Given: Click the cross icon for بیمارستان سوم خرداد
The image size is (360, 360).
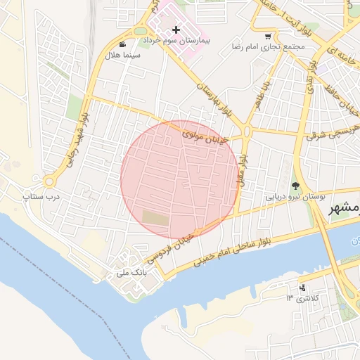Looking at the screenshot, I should coord(176,30).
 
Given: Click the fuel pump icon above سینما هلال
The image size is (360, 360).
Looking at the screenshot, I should coord(124,44).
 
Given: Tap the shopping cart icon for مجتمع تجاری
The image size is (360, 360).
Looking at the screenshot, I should coord(268,36).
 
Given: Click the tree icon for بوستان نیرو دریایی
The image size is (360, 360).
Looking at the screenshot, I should coord(295,186).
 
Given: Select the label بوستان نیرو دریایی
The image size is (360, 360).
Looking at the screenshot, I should coord(295,198).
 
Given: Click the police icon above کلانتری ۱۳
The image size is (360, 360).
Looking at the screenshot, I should coord(303,287).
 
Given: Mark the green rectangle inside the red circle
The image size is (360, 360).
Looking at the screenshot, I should coord(156,219).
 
